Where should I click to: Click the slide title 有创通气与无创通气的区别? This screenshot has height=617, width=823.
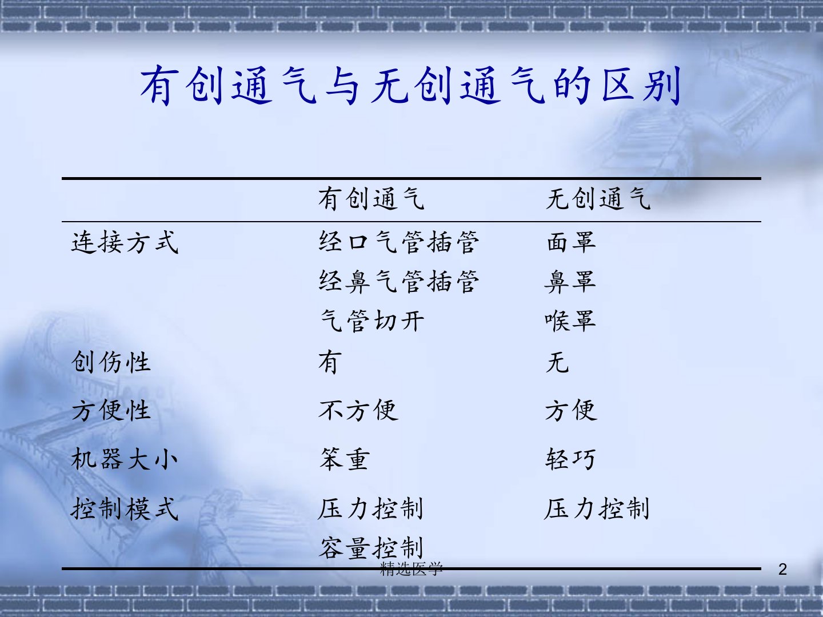410,86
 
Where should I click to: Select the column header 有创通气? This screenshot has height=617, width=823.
371,199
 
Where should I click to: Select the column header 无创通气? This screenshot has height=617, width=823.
598,199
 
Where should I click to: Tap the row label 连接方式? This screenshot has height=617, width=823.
125,242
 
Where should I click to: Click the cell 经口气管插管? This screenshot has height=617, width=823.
398,242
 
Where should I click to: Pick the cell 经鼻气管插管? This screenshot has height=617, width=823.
398,282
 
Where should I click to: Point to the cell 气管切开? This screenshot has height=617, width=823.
371,321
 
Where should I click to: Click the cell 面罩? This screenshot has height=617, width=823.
571,242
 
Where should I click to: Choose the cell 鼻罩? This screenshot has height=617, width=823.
570,282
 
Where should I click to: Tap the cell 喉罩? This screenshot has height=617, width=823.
570,321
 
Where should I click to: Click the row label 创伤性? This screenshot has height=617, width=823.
111,362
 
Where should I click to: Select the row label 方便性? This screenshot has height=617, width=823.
111,411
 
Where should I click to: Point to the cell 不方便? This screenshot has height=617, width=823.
358,411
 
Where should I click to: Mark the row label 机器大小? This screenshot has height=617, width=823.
124,459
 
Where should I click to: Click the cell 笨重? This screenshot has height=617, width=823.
345,459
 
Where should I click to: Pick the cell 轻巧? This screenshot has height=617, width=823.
570,459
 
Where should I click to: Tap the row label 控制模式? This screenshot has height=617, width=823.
125,508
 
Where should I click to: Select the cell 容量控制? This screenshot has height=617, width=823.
371,548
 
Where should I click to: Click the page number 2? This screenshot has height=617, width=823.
782,570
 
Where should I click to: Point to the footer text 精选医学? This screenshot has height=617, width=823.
411,568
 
